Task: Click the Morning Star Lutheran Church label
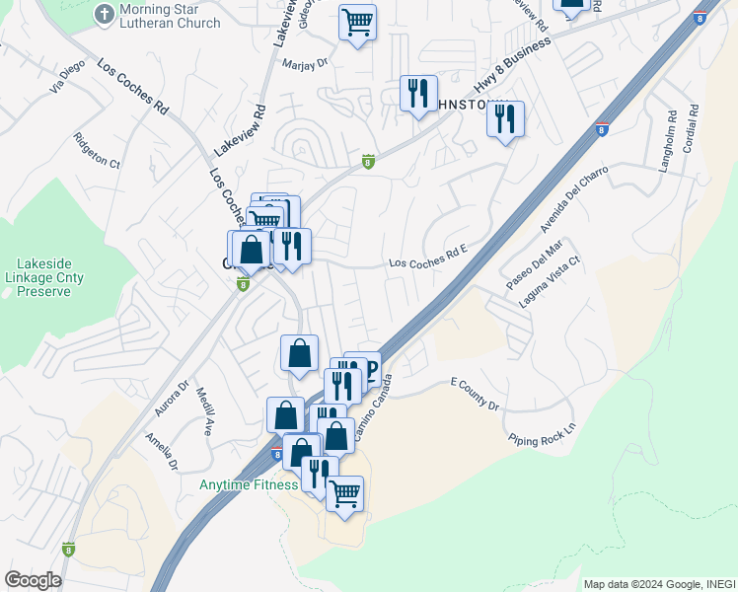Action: click(x=169, y=16)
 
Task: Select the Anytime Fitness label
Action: click(x=249, y=484)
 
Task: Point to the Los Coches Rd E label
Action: click(x=426, y=263)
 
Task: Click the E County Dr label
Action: click(x=476, y=393)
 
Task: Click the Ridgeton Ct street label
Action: click(x=96, y=150)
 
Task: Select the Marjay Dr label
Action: click(x=304, y=61)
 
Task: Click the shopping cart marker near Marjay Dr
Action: click(x=357, y=22)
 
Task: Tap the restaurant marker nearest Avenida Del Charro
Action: click(x=505, y=120)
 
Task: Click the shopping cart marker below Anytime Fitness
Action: click(x=344, y=493)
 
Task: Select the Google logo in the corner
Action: click(x=32, y=580)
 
